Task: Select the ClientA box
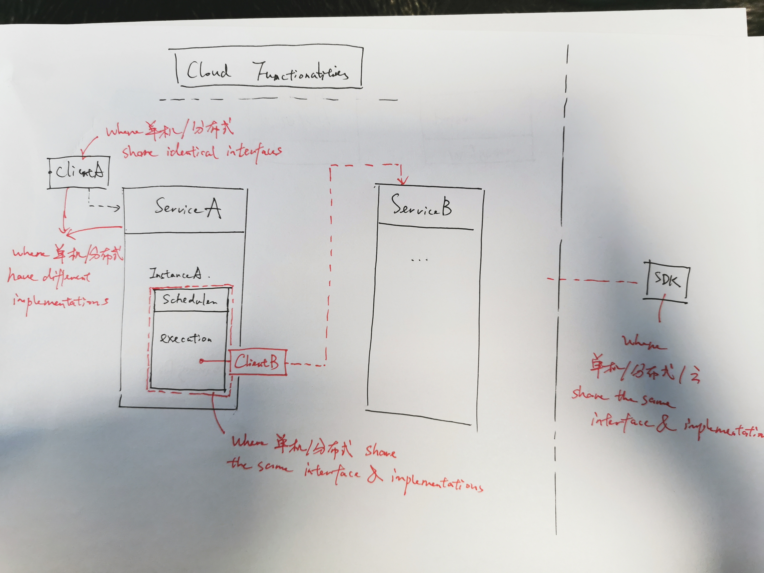pos(79,172)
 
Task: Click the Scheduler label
pos(190,300)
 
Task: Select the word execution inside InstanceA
pos(186,338)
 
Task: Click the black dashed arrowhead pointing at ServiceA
pos(117,208)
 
